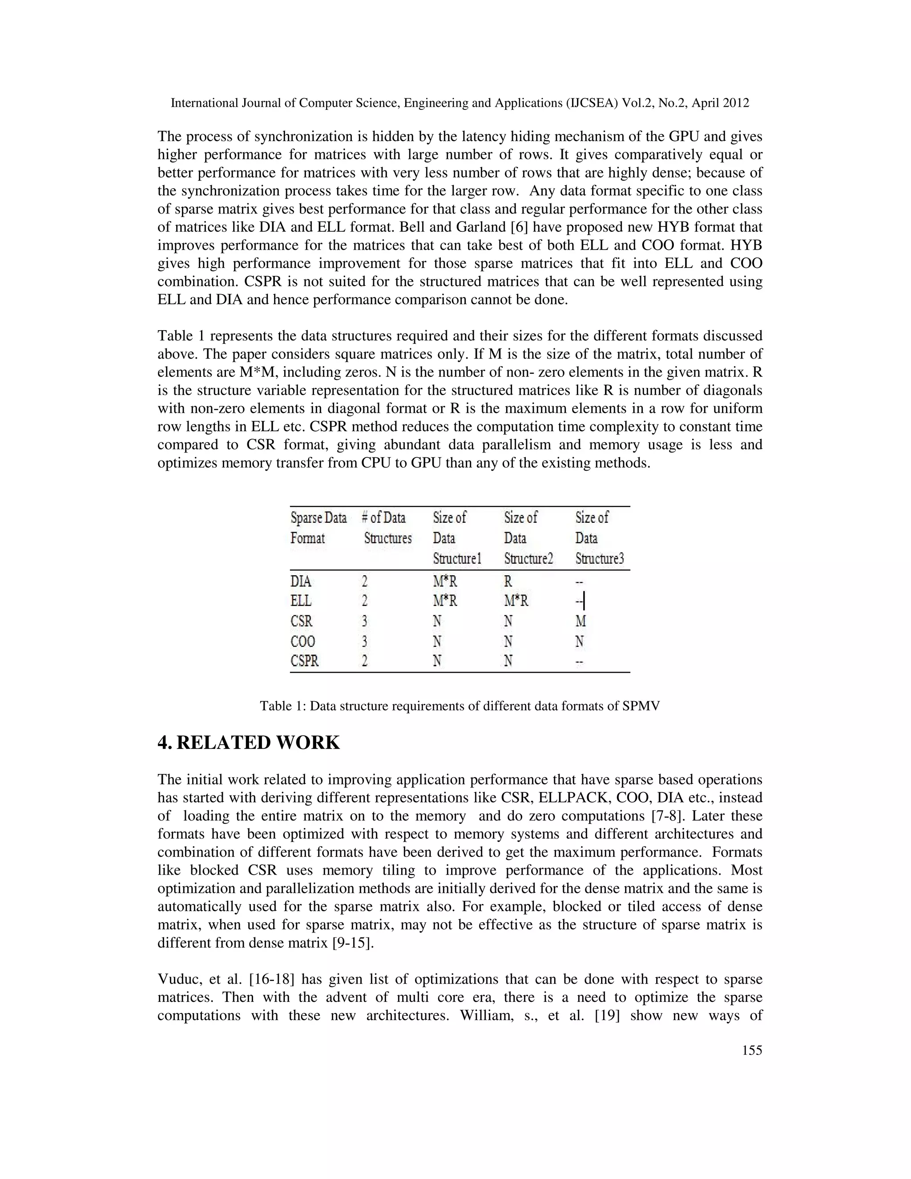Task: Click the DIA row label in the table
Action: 301,581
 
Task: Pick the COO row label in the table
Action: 303,641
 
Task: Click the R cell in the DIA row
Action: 508,581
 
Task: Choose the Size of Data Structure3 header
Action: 599,538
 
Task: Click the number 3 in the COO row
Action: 365,641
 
